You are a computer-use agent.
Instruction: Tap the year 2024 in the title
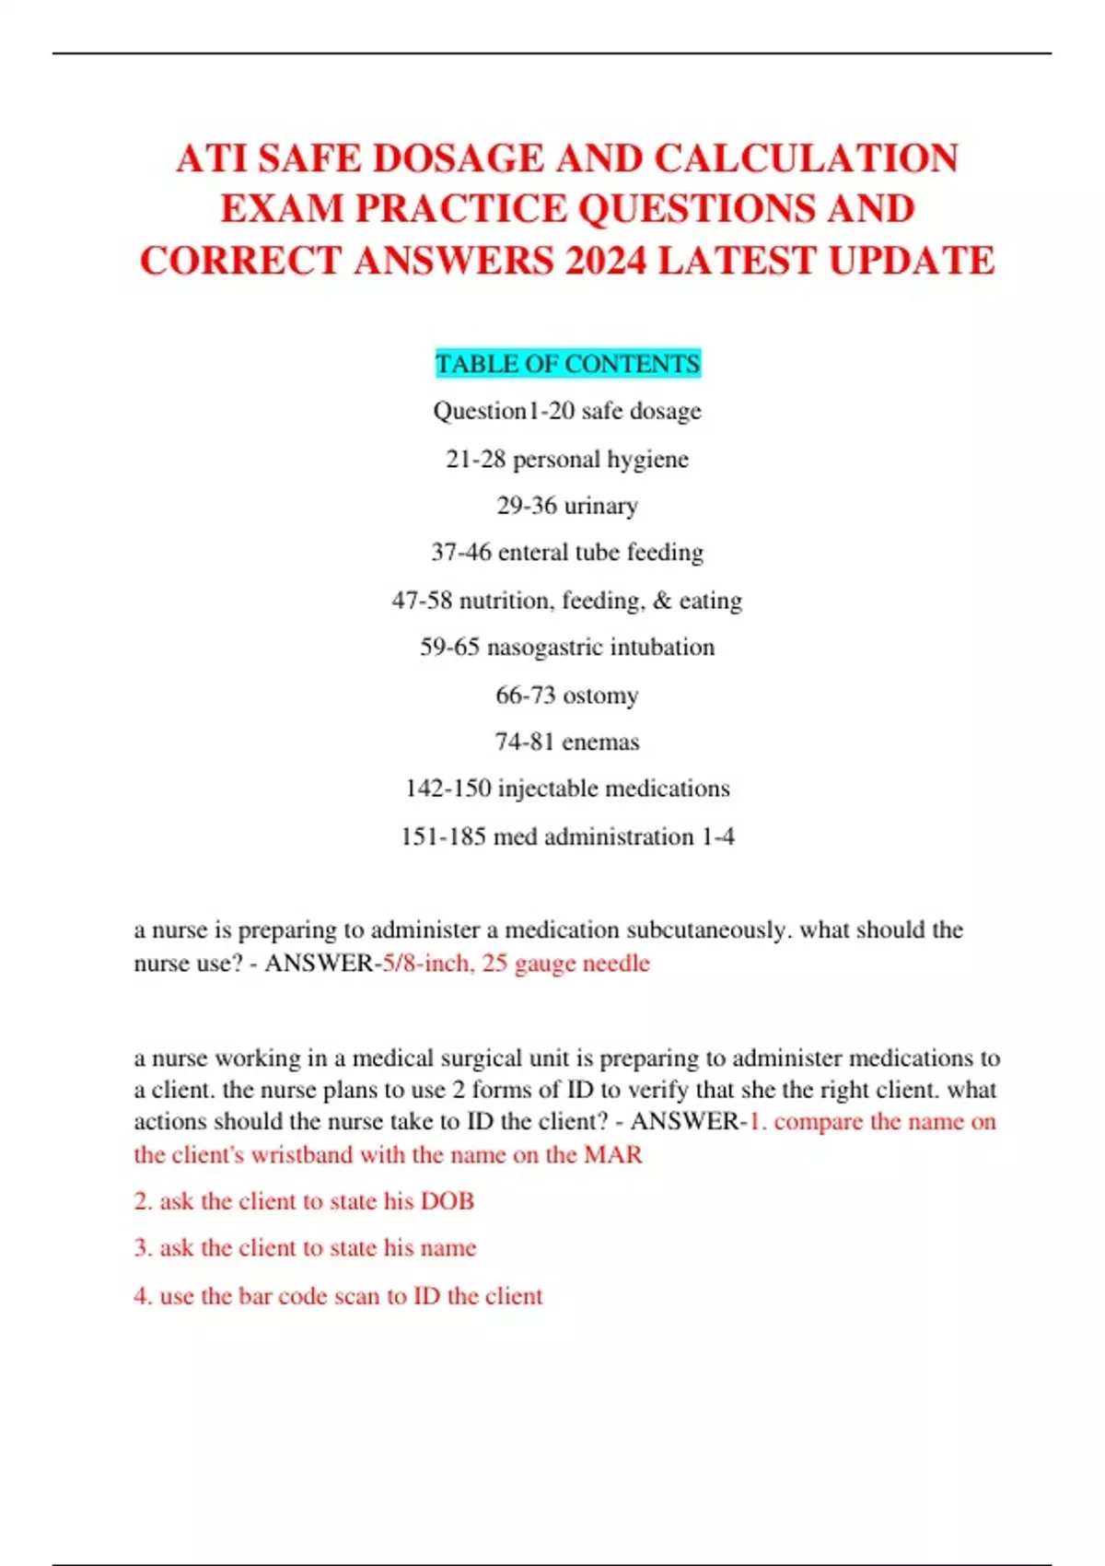(605, 261)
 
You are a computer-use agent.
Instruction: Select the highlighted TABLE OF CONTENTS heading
(567, 364)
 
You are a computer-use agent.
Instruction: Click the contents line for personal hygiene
(567, 459)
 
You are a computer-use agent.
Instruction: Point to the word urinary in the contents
(600, 506)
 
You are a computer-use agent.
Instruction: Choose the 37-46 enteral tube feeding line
(567, 553)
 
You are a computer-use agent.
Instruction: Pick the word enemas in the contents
(600, 742)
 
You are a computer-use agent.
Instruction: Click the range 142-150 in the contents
(448, 789)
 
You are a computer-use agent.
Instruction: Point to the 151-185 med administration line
(567, 836)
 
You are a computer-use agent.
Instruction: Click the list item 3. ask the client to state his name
(305, 1248)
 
